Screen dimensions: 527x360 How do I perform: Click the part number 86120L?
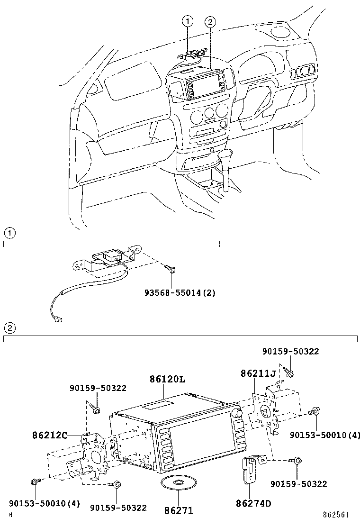167,380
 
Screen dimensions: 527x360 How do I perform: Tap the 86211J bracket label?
258,374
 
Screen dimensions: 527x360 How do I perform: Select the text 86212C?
50,435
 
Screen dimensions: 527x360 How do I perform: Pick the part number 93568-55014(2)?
180,293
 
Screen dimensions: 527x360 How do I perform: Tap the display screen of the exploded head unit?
199,443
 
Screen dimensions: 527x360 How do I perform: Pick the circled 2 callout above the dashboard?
210,21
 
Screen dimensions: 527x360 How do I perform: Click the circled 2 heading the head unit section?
9,328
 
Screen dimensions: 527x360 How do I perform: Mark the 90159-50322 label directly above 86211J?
290,352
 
